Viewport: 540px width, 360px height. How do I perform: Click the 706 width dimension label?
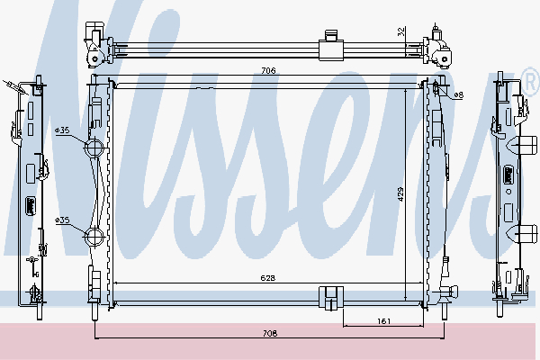point(268,70)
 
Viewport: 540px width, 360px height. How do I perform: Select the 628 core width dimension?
point(267,278)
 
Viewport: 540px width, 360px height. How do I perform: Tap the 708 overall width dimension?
point(270,333)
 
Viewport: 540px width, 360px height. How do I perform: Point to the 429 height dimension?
point(400,194)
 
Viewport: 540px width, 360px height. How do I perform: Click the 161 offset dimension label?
point(383,321)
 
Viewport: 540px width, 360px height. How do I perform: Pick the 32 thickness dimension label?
point(401,31)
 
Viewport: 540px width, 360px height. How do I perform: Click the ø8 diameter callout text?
point(458,94)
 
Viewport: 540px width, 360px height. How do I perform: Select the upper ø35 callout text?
point(62,130)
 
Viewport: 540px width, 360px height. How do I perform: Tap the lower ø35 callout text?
point(62,220)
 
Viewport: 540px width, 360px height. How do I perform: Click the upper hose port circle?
point(94,148)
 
